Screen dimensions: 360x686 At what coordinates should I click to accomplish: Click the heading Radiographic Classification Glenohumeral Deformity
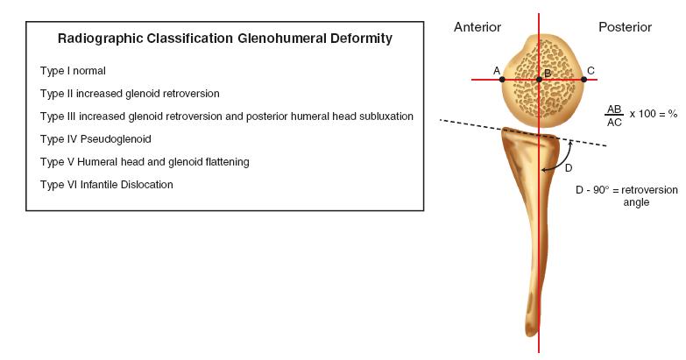(x=224, y=39)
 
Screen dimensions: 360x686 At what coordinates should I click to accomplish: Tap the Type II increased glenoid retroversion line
(x=130, y=93)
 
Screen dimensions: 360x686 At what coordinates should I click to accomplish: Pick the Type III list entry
(x=226, y=116)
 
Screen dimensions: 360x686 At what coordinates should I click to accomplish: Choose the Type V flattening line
(x=145, y=161)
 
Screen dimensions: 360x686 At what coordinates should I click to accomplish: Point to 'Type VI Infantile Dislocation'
(x=106, y=184)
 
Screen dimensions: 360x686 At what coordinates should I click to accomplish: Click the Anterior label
(x=477, y=27)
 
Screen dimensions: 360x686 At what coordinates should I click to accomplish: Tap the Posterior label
(x=625, y=27)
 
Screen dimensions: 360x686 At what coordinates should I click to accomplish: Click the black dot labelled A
(x=502, y=80)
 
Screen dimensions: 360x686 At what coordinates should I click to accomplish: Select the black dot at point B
(x=539, y=80)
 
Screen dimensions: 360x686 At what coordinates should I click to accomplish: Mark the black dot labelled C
(x=583, y=80)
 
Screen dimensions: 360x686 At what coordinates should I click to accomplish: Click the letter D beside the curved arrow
(x=568, y=167)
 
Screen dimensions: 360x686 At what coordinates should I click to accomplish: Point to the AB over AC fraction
(x=614, y=115)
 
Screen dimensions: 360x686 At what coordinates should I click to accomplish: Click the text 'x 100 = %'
(x=654, y=115)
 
